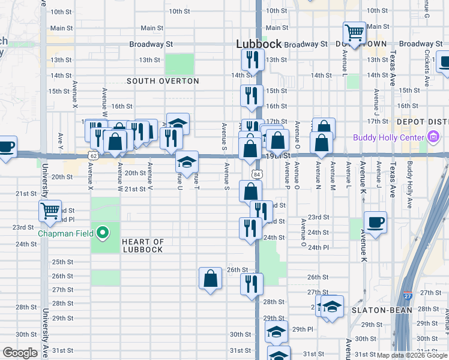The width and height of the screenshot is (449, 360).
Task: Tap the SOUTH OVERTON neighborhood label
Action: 163,81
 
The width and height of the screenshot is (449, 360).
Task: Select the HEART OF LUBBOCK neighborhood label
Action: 143,245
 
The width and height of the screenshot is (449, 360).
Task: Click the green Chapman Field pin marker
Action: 103,233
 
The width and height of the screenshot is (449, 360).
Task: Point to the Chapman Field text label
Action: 64,233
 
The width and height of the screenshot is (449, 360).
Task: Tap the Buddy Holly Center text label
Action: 390,137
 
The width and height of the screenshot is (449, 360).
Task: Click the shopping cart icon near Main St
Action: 354,32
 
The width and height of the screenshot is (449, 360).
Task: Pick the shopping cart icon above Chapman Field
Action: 50,211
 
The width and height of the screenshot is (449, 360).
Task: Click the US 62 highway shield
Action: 93,155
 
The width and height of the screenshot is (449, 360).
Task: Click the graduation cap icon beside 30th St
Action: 276,332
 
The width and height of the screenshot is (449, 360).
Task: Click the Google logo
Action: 20,353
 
